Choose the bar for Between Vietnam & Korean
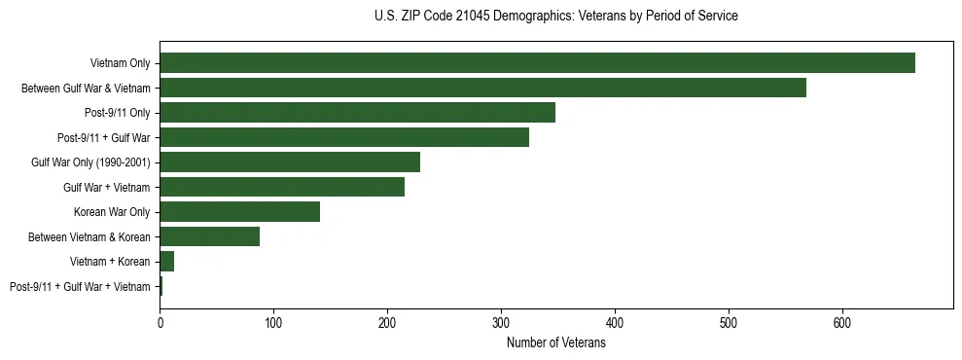pyautogui.click(x=209, y=236)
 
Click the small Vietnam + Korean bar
pyautogui.click(x=166, y=262)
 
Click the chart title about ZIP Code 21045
pyautogui.click(x=555, y=17)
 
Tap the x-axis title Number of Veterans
pyautogui.click(x=555, y=343)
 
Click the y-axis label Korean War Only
pyautogui.click(x=111, y=212)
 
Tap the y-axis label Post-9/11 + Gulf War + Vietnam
pyautogui.click(x=80, y=287)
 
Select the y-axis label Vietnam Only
pyautogui.click(x=120, y=63)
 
